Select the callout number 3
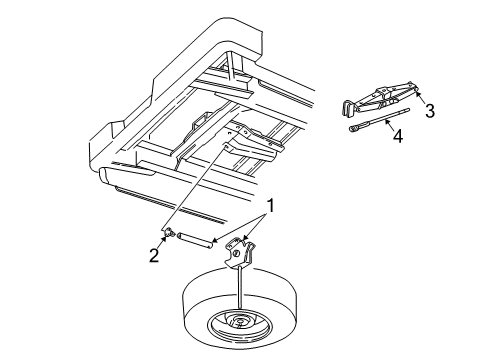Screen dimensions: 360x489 429,111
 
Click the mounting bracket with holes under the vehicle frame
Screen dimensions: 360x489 246,141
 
